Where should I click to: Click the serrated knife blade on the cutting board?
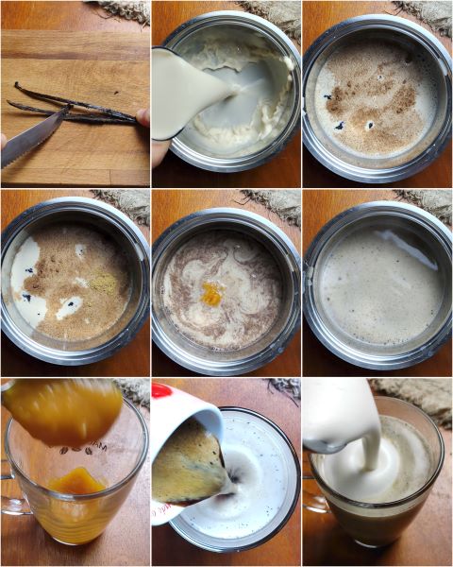pos(34,138)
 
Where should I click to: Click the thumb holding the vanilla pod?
pos(143,117)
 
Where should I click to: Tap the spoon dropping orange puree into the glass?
pos(61,411)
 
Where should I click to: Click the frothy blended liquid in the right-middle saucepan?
pos(377,283)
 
